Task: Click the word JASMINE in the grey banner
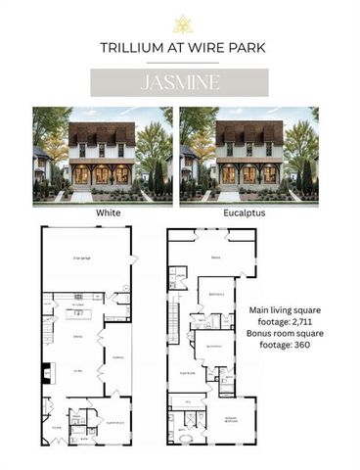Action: coord(179,82)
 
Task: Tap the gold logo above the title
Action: coord(180,24)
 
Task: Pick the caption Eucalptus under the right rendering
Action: coord(248,211)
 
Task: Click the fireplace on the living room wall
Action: coord(44,373)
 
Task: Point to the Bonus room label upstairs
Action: coord(213,258)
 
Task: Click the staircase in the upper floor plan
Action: coord(175,319)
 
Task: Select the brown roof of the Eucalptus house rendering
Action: coord(248,133)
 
